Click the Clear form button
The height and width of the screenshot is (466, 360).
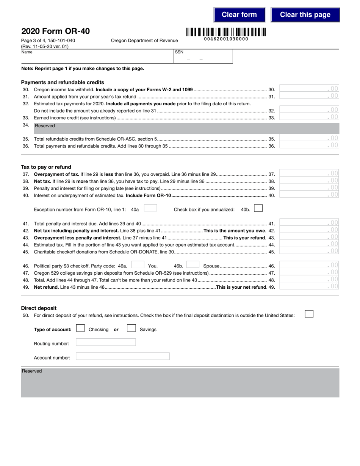click(x=239, y=15)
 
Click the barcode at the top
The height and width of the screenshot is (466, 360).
click(x=226, y=32)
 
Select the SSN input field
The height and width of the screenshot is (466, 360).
click(x=203, y=59)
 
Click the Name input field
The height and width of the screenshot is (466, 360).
click(x=97, y=59)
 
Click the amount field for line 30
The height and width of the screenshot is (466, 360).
click(x=309, y=89)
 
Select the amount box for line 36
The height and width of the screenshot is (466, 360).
click(x=309, y=145)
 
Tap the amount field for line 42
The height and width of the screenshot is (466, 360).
click(x=309, y=230)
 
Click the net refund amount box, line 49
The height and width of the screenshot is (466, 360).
click(x=309, y=286)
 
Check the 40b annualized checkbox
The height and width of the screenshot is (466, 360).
click(x=258, y=208)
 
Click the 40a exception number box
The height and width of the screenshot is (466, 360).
click(x=150, y=208)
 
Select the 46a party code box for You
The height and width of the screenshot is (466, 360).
click(x=138, y=265)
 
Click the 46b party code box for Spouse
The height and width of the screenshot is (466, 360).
click(x=193, y=265)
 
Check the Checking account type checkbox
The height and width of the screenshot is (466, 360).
click(x=80, y=328)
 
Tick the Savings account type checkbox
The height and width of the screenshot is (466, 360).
click(x=131, y=328)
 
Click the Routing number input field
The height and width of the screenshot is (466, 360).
click(x=106, y=342)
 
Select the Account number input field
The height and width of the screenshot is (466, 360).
click(x=123, y=357)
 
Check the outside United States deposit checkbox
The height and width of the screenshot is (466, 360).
click(x=309, y=314)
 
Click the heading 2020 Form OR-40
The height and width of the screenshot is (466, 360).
click(x=55, y=31)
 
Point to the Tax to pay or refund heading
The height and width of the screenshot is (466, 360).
click(x=46, y=167)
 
